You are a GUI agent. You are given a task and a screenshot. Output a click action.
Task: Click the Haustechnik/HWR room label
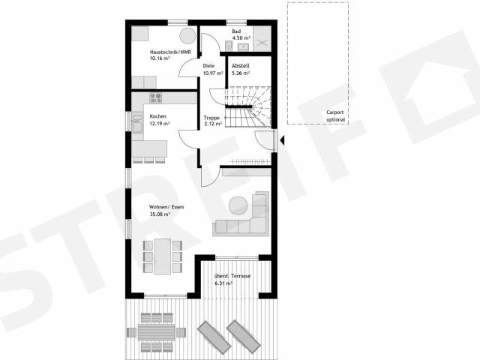pos(170,52)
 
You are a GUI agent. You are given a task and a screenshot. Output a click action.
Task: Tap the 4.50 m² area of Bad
pos(241,38)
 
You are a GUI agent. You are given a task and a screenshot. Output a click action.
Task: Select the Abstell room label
pos(240,66)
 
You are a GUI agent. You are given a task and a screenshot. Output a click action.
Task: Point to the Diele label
pos(208,66)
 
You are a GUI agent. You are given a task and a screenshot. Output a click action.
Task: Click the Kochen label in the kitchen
pos(158,116)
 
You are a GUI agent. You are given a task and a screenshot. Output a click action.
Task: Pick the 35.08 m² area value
pos(160,214)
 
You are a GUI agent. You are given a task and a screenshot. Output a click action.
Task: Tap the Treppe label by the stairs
pos(211,118)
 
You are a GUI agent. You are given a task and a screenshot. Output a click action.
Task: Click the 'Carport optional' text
pos(335,116)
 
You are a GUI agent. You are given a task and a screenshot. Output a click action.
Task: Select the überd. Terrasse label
pos(232,276)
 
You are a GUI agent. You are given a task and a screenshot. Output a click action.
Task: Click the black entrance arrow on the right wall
pos(282,140)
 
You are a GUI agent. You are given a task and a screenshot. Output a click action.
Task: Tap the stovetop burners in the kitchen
pos(155,98)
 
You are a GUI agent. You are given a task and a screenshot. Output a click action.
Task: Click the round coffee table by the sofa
pos(238,205)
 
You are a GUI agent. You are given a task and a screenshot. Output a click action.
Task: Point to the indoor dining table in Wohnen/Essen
pos(163,256)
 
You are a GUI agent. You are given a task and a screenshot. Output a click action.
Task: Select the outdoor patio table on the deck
pos(156,332)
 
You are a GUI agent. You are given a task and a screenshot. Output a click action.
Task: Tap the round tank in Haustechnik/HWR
pos(187,36)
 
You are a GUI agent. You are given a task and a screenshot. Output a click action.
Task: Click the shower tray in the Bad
pos(262,39)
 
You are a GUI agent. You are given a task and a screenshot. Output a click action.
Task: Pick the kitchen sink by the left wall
pos(137,124)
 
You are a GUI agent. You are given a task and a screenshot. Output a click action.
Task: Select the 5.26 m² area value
pos(241,73)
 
